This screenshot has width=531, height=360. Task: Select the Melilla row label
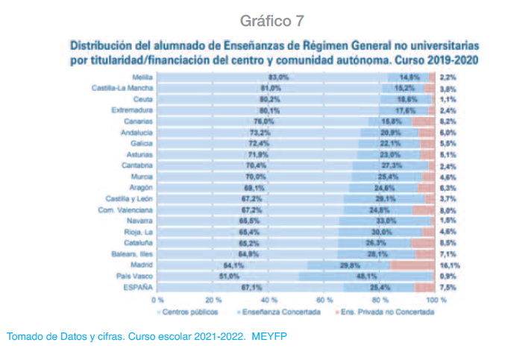(142, 77)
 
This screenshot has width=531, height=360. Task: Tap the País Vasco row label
(137, 276)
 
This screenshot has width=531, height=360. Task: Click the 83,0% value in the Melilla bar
(278, 77)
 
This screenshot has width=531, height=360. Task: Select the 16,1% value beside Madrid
(449, 265)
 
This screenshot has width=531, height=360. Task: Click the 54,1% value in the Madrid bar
(234, 265)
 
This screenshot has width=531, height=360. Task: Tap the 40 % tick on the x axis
(269, 299)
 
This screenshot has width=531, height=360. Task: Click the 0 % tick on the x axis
(157, 299)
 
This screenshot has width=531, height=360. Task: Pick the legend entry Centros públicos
(191, 311)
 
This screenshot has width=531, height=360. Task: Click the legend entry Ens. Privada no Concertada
(383, 311)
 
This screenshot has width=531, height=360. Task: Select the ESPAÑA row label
(138, 287)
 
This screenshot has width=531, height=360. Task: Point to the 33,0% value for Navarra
(385, 221)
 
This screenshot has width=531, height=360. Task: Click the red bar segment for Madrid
(412, 265)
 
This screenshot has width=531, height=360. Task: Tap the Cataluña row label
(139, 243)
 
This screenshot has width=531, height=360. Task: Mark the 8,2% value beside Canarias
(447, 121)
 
